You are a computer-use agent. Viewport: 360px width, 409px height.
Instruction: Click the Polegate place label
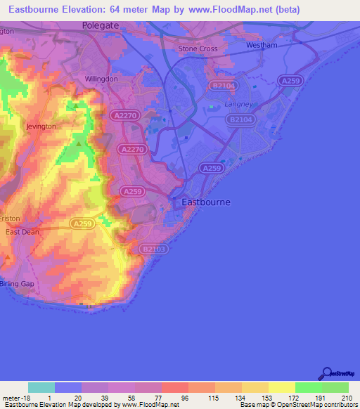point(100,25)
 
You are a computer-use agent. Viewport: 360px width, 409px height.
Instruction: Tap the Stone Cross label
point(198,48)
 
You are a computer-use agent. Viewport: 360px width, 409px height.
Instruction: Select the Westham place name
point(262,46)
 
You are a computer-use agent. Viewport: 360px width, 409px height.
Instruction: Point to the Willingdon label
point(101,79)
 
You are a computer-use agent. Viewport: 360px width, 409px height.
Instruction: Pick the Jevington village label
point(41,126)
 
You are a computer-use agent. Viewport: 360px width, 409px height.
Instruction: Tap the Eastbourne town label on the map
point(206,202)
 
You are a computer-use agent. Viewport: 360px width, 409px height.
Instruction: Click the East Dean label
point(22,232)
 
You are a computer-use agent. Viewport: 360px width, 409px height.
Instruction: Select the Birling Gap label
point(18,284)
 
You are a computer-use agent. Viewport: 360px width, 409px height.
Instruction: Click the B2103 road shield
point(150,249)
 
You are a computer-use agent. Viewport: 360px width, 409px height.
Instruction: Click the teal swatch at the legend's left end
point(41,387)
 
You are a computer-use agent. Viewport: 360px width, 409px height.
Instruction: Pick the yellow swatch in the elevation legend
point(281,387)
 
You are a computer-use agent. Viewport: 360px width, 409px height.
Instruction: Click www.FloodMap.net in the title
point(228,9)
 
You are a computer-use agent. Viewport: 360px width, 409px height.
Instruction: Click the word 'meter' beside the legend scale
point(13,398)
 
